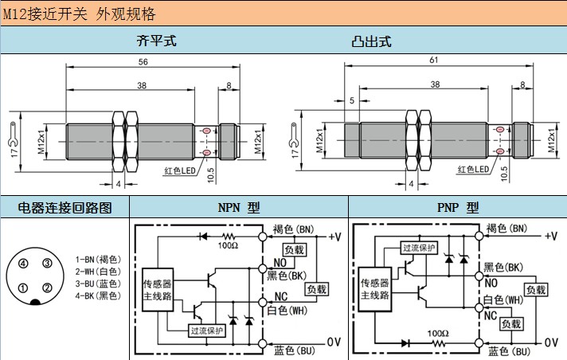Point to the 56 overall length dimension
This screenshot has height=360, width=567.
coord(144,62)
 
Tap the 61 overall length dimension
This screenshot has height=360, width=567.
coord(434,61)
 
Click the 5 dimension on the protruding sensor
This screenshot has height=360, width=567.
coord(351,100)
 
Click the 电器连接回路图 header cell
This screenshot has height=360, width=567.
coord(65,208)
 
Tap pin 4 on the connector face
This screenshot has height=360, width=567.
coord(25,264)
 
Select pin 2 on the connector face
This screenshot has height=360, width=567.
coord(47,288)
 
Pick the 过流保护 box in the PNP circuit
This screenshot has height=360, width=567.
coord(420,248)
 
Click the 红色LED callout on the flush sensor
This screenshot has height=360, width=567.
coord(181,170)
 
